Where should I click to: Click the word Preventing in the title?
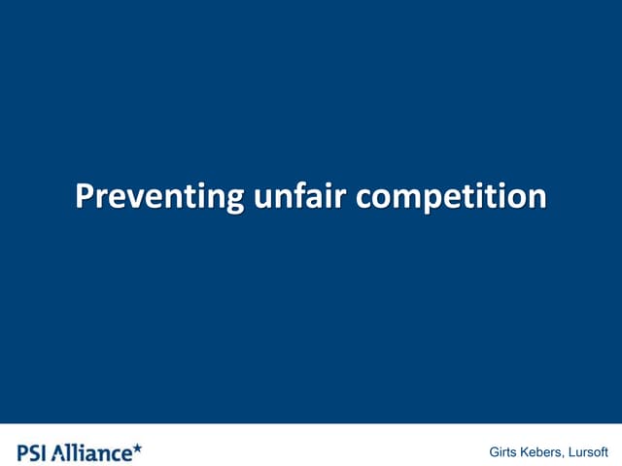coord(159,196)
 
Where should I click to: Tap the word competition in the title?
coord(451,196)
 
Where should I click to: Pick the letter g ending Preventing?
coord(234,200)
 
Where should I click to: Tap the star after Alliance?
coord(137,448)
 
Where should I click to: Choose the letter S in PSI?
coord(35,451)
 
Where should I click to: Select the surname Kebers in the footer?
coord(543,452)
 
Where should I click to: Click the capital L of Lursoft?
coord(574,452)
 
